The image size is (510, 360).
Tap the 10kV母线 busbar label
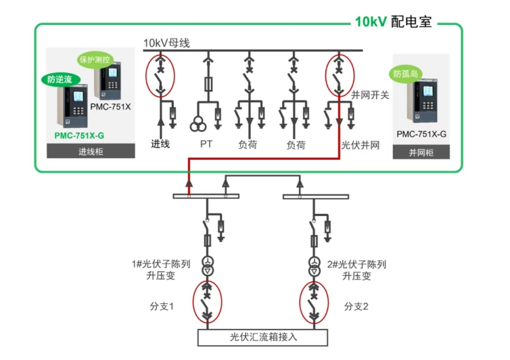[x=166, y=43]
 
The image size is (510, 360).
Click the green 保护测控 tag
[x=95, y=59]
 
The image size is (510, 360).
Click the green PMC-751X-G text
[x=79, y=135]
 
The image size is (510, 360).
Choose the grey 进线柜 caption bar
[x=90, y=152]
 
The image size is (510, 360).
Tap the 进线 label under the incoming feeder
[x=160, y=144]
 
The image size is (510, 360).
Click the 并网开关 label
[x=369, y=95]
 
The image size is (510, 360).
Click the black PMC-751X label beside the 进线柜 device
[x=113, y=107]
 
